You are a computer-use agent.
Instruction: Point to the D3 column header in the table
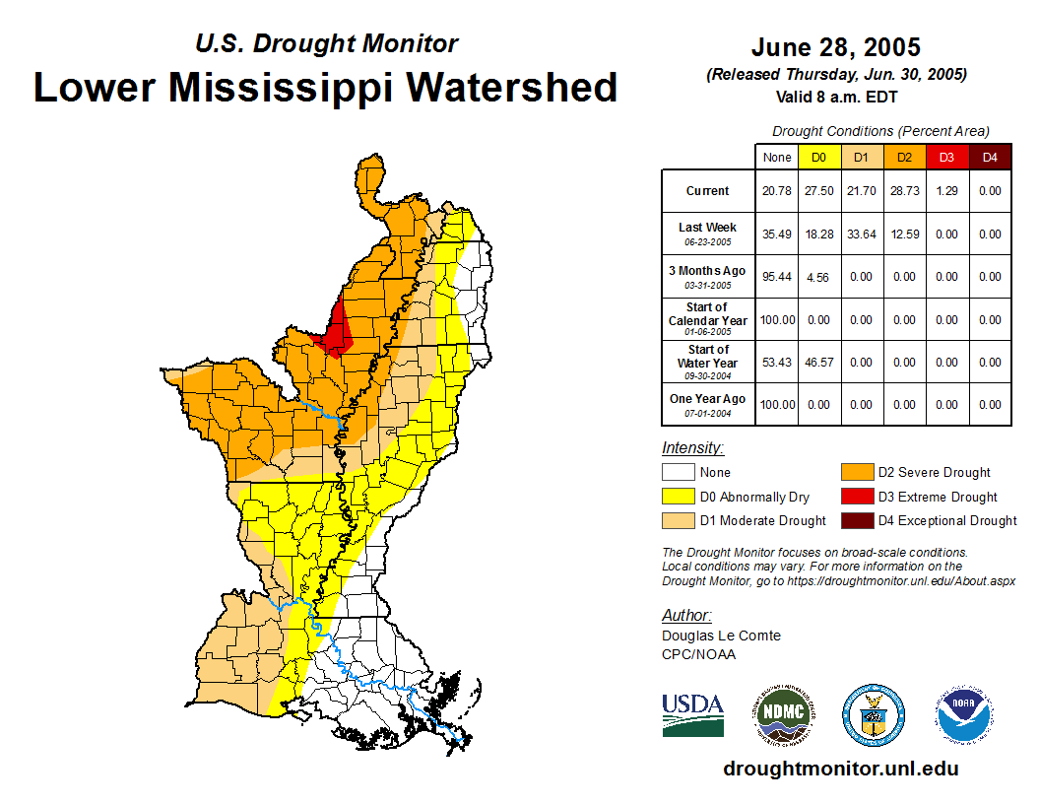point(946,157)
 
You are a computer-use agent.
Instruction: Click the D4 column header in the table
point(990,157)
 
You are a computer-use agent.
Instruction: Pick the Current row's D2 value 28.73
point(904,191)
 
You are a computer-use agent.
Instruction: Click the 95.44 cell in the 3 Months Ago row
point(777,277)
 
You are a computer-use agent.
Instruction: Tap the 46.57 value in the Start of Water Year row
point(818,363)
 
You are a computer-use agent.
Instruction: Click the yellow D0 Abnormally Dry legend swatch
point(678,497)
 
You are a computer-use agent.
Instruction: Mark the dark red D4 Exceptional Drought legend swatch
point(856,520)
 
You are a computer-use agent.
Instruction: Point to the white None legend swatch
point(678,472)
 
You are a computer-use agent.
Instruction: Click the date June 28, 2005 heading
point(835,47)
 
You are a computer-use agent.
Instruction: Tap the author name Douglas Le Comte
point(721,636)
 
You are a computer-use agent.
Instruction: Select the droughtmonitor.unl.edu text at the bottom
point(840,769)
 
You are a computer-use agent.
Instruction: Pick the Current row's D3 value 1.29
point(946,191)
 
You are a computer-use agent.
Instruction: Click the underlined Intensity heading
point(692,448)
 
